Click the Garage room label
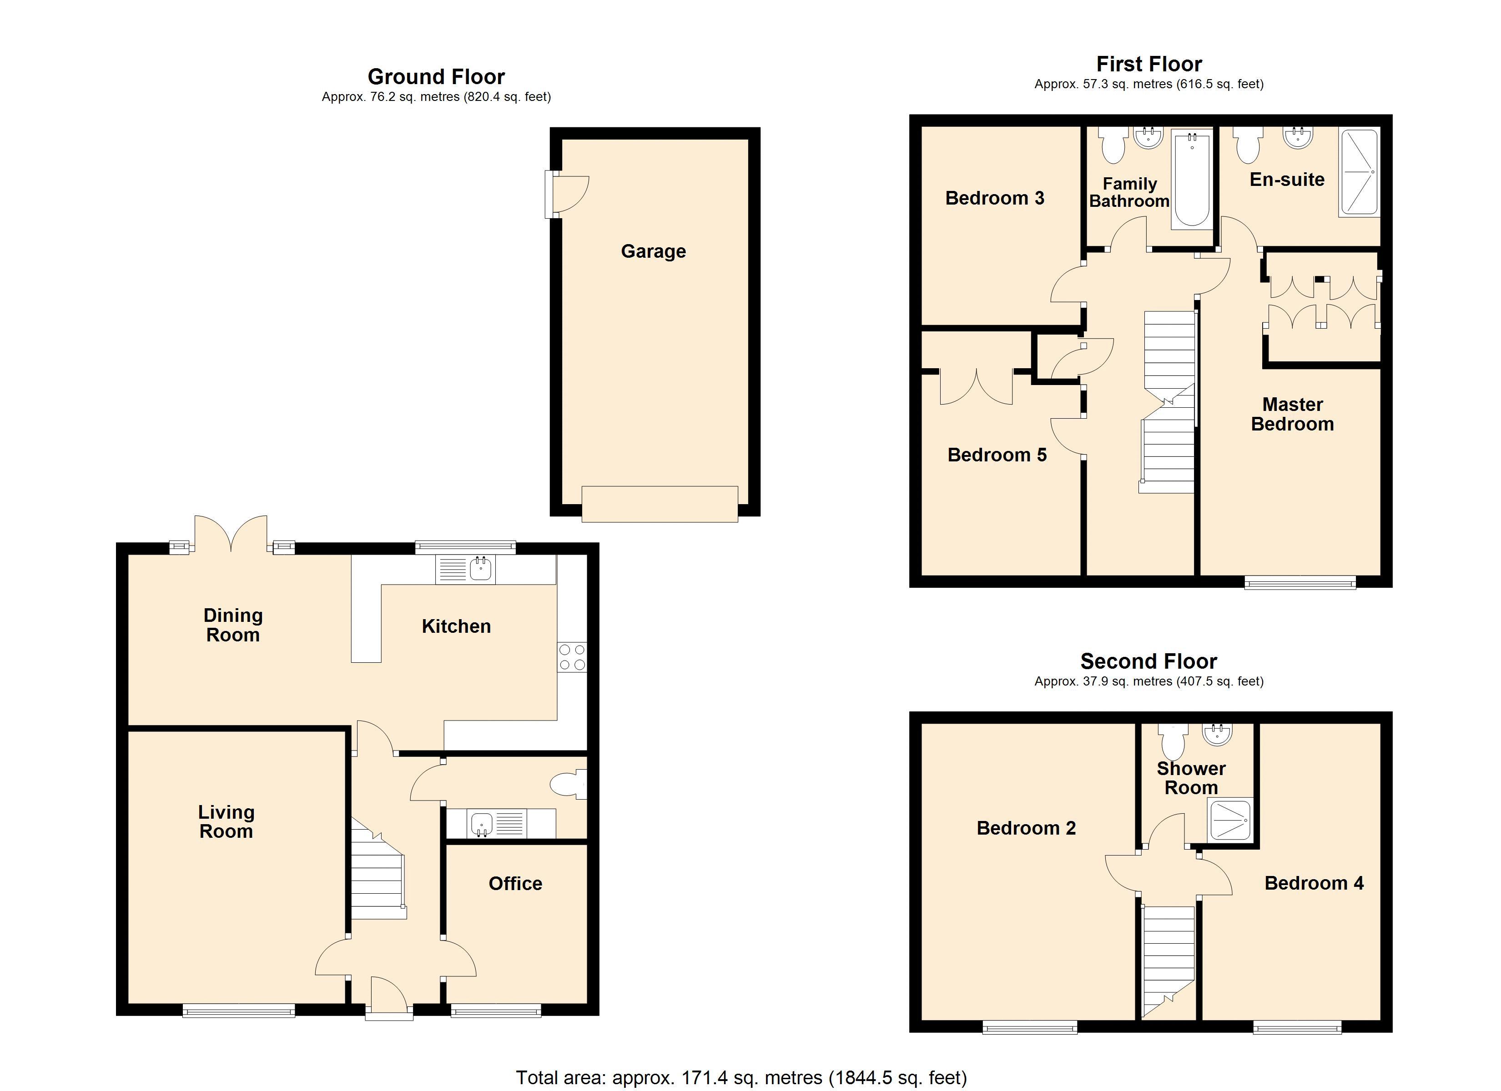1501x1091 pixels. coord(653,251)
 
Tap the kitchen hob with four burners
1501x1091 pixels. coord(572,657)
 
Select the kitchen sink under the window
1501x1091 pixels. coord(480,568)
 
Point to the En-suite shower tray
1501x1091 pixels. coord(1358,173)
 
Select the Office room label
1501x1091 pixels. coord(515,883)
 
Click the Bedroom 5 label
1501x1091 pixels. coord(997,455)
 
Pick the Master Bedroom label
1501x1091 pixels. coord(1292,414)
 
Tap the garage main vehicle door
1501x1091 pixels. coord(659,505)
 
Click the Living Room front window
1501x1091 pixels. coord(238,1010)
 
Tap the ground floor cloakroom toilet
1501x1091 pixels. coord(567,786)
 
